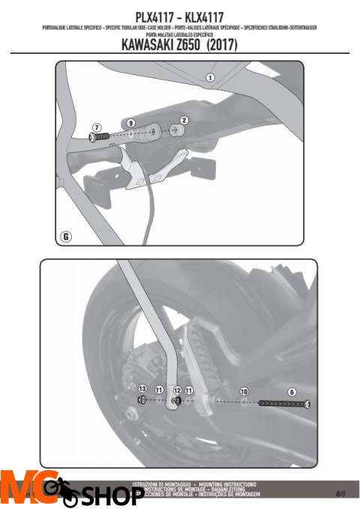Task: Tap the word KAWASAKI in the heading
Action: pos(148,46)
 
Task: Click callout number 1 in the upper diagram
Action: pos(211,77)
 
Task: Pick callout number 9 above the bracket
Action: pos(130,122)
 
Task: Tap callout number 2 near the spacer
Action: pos(184,120)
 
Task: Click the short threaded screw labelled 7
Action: pos(100,137)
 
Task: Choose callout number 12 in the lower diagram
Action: pos(178,391)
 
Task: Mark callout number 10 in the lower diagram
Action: pos(244,391)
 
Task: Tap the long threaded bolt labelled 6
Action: pos(285,404)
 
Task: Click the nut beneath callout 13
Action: pos(140,400)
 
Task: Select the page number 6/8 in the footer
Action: pos(340,493)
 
